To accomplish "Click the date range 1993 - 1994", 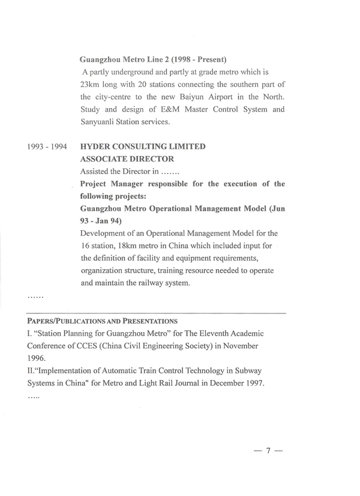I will coord(46,147).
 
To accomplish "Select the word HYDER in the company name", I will coord(98,147).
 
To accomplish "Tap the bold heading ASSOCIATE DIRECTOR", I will coord(127,159).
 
